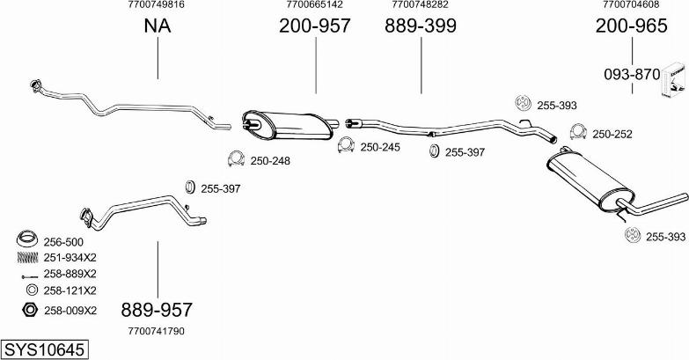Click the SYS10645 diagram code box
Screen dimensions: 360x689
click(x=44, y=349)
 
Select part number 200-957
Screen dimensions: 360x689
click(x=314, y=26)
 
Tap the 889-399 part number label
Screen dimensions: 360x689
click(x=420, y=26)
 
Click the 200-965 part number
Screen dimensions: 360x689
click(x=631, y=26)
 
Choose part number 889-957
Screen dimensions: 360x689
click(x=157, y=310)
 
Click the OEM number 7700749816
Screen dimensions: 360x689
click(x=157, y=4)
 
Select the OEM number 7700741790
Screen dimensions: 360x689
click(x=157, y=331)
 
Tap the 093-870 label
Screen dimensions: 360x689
click(x=631, y=75)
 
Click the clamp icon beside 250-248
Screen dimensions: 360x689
click(x=236, y=159)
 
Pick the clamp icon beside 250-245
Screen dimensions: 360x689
click(x=347, y=145)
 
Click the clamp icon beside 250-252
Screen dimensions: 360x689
click(x=578, y=133)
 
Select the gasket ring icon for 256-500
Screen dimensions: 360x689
click(x=27, y=239)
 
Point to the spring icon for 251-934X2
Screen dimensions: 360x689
click(x=27, y=257)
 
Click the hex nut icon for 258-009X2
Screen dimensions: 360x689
click(x=27, y=309)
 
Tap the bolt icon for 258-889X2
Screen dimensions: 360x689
click(x=27, y=274)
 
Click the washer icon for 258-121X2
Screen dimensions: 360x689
click(x=29, y=290)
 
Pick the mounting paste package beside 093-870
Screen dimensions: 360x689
click(x=674, y=84)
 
